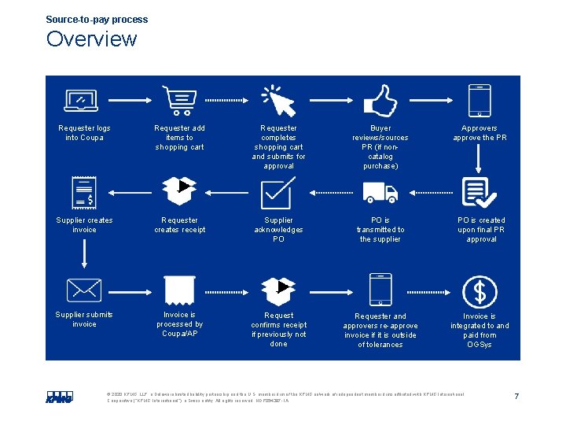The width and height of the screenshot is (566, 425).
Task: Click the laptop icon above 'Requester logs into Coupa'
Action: pyautogui.click(x=82, y=101)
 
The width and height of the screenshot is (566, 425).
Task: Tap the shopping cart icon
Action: pyautogui.click(x=179, y=101)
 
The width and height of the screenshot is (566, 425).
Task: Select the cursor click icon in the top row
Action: pyautogui.click(x=277, y=101)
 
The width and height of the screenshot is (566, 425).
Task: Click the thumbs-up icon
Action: pyautogui.click(x=380, y=101)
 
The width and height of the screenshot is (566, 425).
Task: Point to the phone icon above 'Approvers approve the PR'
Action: pyautogui.click(x=479, y=100)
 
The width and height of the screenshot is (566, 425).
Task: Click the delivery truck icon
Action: pyautogui.click(x=380, y=193)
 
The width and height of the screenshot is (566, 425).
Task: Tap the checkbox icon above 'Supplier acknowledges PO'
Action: pyautogui.click(x=277, y=192)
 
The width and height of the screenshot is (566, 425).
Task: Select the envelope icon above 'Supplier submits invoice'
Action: pyautogui.click(x=83, y=290)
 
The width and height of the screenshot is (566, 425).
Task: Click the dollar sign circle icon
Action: pyautogui.click(x=479, y=291)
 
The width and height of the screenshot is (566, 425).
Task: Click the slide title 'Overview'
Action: pyautogui.click(x=91, y=39)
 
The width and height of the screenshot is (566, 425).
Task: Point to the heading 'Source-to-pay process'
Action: pyautogui.click(x=97, y=20)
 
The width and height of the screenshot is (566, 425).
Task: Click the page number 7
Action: pyautogui.click(x=516, y=396)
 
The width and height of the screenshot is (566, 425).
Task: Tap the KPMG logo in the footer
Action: pyautogui.click(x=59, y=397)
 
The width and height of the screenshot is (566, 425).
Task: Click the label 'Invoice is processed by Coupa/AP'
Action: pyautogui.click(x=179, y=323)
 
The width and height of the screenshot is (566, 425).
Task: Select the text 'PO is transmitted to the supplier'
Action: pyautogui.click(x=380, y=230)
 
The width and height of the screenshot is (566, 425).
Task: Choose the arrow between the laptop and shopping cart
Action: pyautogui.click(x=130, y=101)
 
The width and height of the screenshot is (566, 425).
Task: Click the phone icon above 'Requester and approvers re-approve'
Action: pyautogui.click(x=380, y=290)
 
